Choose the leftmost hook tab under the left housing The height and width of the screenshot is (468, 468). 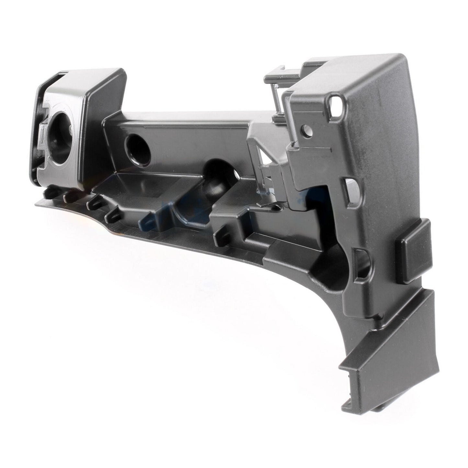click(47, 193)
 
